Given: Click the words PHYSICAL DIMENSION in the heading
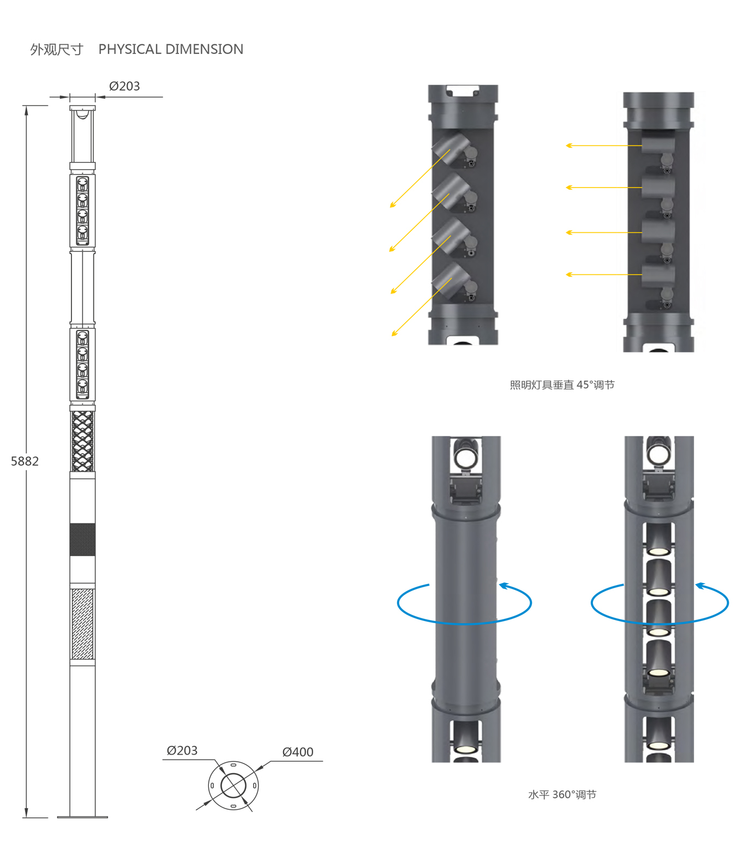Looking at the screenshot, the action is pos(171,49).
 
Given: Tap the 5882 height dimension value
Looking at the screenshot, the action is pos(25,461).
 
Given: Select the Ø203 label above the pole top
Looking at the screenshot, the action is pos(124,86).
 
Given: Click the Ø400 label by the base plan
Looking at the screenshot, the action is pos(298,752).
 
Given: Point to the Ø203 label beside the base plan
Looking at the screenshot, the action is pos(182,750).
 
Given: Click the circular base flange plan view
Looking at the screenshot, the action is pos(233,786).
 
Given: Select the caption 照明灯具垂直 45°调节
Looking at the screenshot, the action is pos(562,385).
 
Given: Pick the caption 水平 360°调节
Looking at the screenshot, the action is pos(562,794).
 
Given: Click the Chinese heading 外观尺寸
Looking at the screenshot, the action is pos(57,50).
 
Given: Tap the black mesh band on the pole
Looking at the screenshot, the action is pos(82,539).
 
